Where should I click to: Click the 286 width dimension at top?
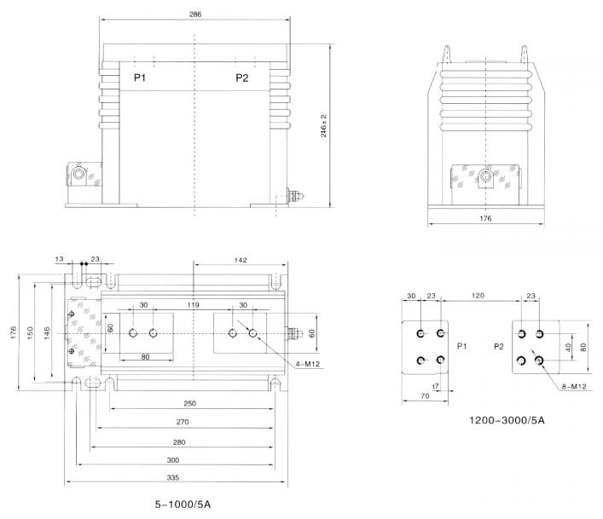click(x=195, y=14)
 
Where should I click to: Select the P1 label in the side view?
click(x=140, y=78)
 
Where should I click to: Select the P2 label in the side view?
click(x=242, y=78)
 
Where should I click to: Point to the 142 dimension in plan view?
click(x=240, y=260)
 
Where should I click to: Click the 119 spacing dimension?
click(x=194, y=304)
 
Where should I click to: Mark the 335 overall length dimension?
click(x=175, y=478)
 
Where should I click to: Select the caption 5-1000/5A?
click(x=183, y=505)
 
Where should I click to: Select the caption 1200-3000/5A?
click(x=507, y=420)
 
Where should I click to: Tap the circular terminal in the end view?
click(x=486, y=177)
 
